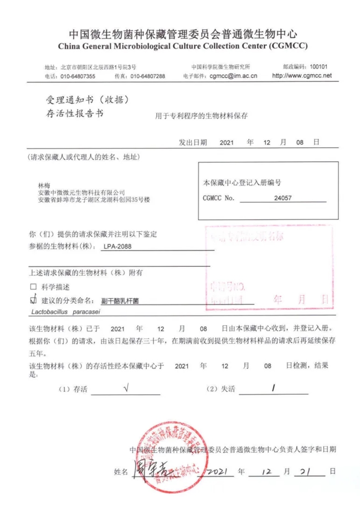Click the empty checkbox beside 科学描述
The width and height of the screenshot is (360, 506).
(x=33, y=287)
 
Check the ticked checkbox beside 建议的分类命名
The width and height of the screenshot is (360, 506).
(x=33, y=300)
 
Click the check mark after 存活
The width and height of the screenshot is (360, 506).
(x=126, y=389)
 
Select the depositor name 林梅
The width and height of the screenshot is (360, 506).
(x=43, y=184)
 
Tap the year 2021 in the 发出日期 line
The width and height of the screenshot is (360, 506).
(x=227, y=142)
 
